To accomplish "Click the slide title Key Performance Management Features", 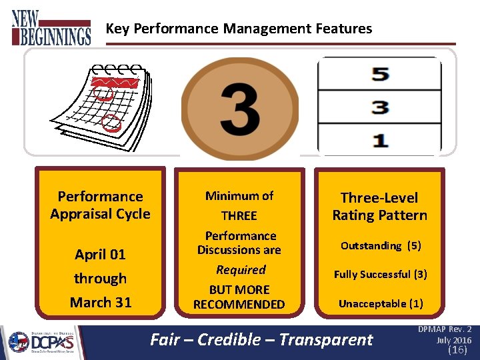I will (x=239, y=29).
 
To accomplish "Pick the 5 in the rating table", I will (x=380, y=74).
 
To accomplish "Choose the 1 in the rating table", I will (x=380, y=141).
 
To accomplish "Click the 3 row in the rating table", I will (x=380, y=107).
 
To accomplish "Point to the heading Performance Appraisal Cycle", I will (x=100, y=205).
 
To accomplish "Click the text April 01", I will (x=100, y=254).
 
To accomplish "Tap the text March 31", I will (x=100, y=302).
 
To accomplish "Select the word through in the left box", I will (x=100, y=278).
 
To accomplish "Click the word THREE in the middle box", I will (x=239, y=215).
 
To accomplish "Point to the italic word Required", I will (x=240, y=269).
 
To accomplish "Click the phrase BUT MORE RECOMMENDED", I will (x=239, y=297).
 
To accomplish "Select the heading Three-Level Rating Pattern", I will (x=379, y=206).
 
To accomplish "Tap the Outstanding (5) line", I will (x=380, y=245).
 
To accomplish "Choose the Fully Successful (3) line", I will (x=380, y=274).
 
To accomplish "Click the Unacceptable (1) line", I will (x=380, y=303).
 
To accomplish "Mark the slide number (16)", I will (x=457, y=350).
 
